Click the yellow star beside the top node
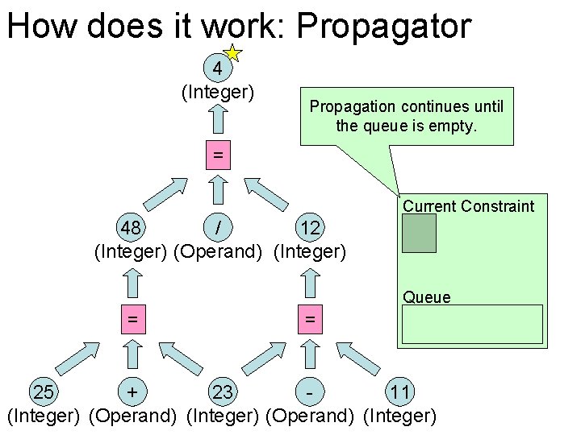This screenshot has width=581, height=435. pos(232,54)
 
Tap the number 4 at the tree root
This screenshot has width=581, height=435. pos(217,68)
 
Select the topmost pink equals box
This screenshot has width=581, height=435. pos(217,155)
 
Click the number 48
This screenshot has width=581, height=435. pos(129,229)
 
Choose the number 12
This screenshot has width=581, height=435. pos(310,229)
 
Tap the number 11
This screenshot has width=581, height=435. pos(400,392)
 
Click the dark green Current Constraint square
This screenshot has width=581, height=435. pos(419,234)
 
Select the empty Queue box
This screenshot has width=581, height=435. pos(472,325)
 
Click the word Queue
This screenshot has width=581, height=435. pos(427,297)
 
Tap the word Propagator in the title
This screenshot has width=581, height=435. pos(383,26)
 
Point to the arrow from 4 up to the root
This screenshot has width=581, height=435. pos(217,119)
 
